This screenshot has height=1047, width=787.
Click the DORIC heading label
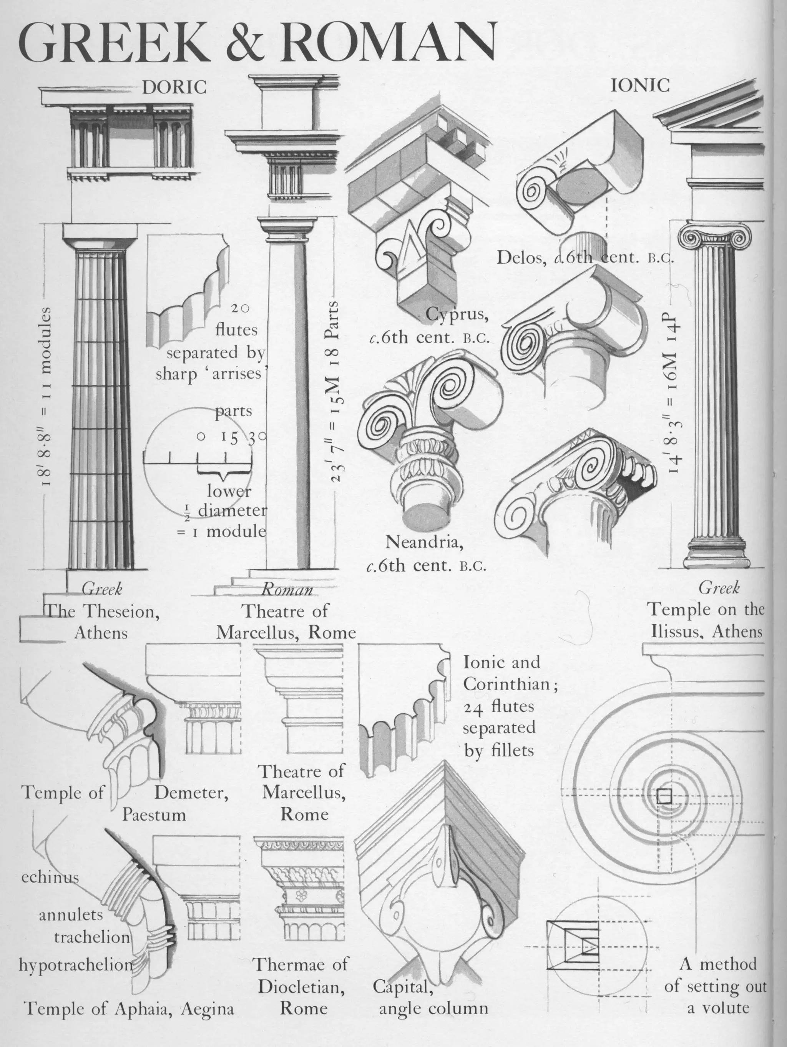coord(174,87)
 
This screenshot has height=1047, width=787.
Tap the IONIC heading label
coord(640,85)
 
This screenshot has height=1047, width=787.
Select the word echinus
coord(50,877)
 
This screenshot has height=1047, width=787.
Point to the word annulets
coord(71,914)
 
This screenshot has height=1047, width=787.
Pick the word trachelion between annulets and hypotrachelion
coord(92,937)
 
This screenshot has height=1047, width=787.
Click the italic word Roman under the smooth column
coord(287,590)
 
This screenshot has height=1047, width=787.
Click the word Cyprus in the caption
coord(457,314)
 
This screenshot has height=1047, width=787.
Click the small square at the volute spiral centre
coord(664,797)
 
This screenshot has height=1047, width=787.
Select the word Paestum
coord(154,814)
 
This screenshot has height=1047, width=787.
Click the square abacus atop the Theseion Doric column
coord(100,231)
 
